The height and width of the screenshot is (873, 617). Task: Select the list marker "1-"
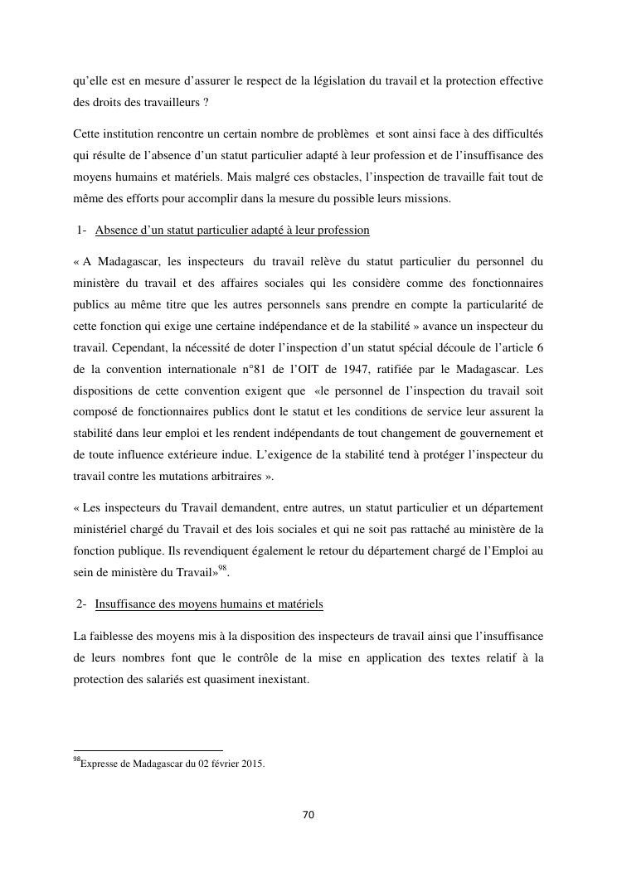[81, 230]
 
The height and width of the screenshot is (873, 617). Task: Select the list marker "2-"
[81, 604]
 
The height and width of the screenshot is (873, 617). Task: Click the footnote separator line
[148, 750]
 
